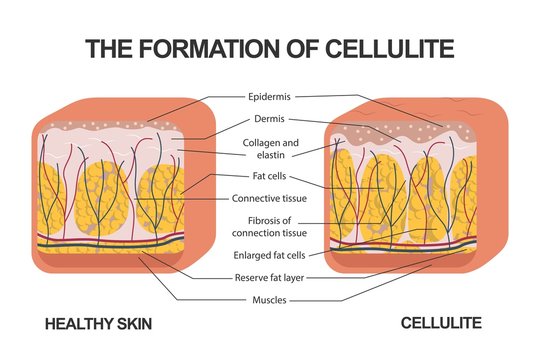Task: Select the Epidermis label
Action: point(270,97)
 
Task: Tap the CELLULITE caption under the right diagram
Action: point(442,324)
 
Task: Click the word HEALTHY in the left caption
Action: point(70,324)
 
